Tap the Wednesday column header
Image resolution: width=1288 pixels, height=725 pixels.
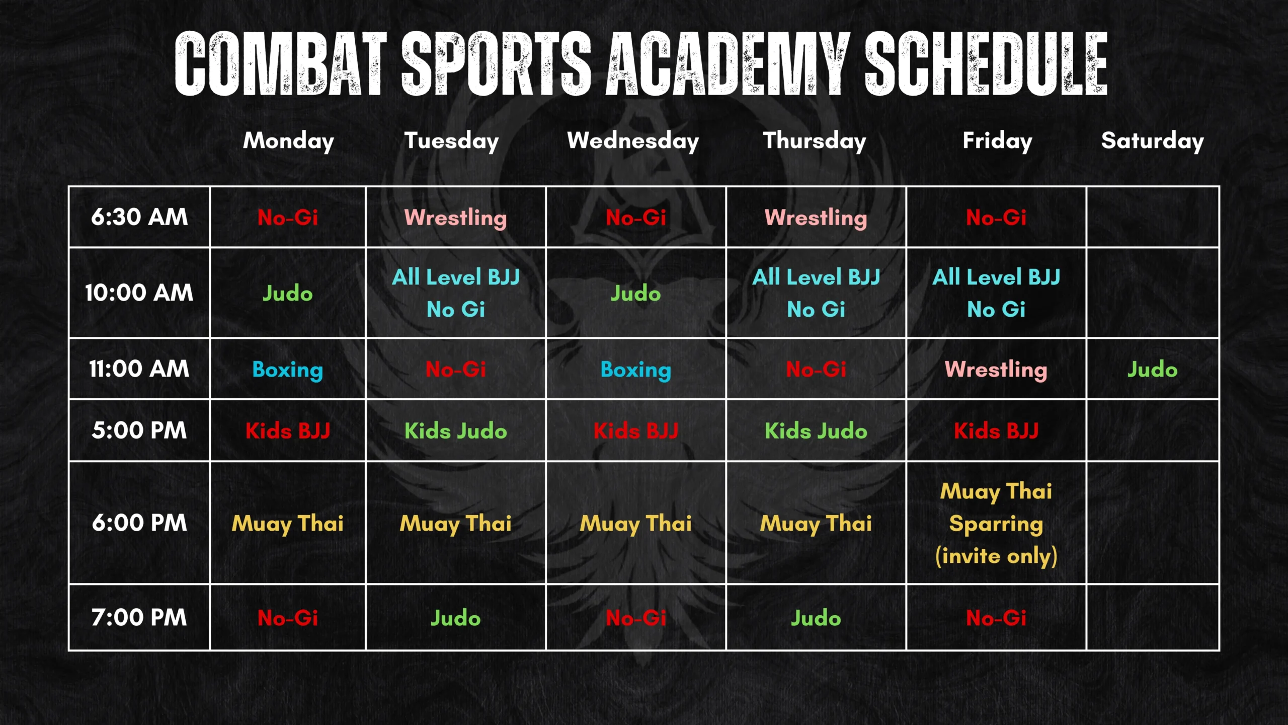[x=633, y=141]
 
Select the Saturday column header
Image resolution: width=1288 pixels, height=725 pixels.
[x=1152, y=141]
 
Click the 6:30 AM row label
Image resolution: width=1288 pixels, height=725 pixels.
[x=139, y=217]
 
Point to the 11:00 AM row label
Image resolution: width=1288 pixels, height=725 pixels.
[x=139, y=369]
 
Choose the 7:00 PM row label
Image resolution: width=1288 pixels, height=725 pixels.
[x=139, y=618]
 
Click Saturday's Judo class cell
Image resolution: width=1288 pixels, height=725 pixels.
[x=1152, y=370]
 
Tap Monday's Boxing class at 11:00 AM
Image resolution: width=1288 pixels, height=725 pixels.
[x=287, y=370]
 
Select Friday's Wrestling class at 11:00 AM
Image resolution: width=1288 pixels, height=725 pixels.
[x=996, y=370]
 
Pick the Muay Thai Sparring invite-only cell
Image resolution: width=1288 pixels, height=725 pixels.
[x=996, y=524]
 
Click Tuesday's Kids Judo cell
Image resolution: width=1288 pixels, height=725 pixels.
[x=455, y=431]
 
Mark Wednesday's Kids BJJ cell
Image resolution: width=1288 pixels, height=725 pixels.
[x=635, y=431]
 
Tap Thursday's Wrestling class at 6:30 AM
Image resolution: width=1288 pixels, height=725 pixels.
[x=816, y=217]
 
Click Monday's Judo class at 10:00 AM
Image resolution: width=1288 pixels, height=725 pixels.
[x=287, y=293]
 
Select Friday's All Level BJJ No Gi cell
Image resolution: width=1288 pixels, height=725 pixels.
[x=996, y=293]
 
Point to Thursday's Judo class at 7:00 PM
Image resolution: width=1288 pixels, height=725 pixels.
[x=816, y=618]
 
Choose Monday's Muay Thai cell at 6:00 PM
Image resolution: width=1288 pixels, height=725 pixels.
[x=287, y=524]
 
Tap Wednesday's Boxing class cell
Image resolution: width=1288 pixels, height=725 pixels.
[x=635, y=370]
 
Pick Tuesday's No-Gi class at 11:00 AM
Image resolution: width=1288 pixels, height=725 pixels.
[x=455, y=370]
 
